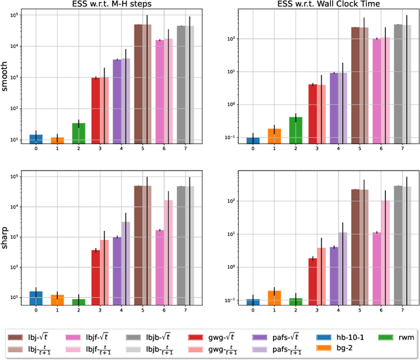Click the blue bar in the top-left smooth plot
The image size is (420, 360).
click(x=37, y=139)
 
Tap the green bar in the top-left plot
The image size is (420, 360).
click(x=79, y=134)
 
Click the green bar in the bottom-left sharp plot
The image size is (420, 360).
click(x=79, y=302)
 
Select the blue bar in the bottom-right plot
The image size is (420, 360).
click(x=253, y=302)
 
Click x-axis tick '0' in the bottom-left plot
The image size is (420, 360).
click(x=37, y=310)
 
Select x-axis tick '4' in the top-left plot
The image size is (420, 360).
click(x=121, y=150)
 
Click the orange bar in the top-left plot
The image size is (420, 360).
click(x=58, y=140)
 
